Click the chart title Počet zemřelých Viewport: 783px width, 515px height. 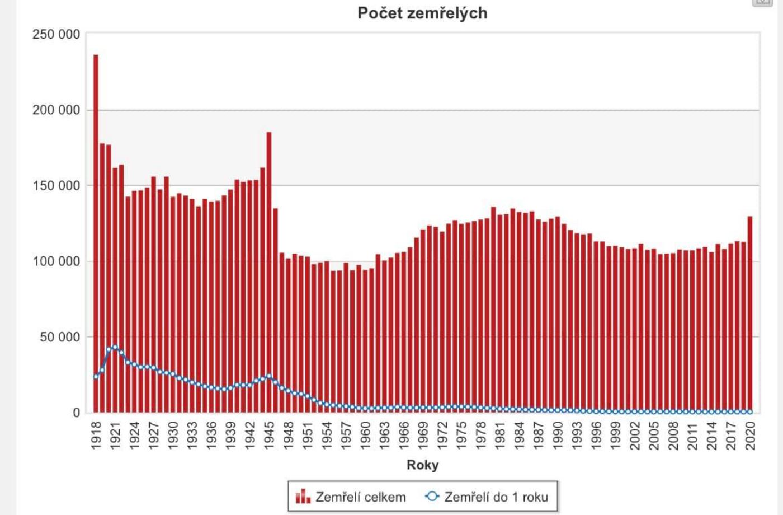[x=422, y=13]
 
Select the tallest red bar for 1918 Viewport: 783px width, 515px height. [x=96, y=224]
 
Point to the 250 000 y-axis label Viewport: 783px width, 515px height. [x=56, y=34]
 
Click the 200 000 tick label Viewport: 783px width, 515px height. [x=56, y=110]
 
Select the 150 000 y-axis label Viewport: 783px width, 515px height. [x=56, y=185]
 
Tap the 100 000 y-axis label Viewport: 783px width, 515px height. [x=56, y=261]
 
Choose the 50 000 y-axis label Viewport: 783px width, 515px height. [x=59, y=337]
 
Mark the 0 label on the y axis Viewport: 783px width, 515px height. [x=77, y=413]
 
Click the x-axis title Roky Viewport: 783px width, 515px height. [x=422, y=465]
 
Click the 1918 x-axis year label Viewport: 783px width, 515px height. [x=96, y=435]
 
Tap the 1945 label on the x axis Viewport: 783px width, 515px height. [x=270, y=435]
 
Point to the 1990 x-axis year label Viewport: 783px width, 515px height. [x=558, y=435]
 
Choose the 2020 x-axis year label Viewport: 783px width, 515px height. [x=751, y=435]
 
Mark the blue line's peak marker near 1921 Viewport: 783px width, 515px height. [x=115, y=347]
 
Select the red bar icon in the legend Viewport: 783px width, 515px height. [x=303, y=496]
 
